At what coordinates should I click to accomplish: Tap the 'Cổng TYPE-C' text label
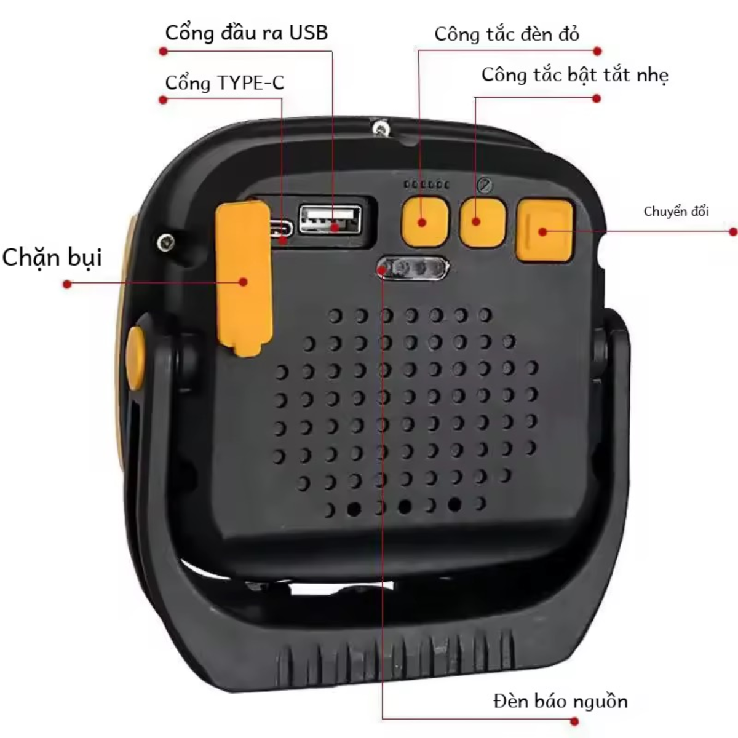[x=225, y=83]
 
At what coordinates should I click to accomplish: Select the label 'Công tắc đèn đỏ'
[x=507, y=34]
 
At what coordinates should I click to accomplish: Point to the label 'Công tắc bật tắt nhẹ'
[x=575, y=76]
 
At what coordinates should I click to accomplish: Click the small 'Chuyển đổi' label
[x=676, y=212]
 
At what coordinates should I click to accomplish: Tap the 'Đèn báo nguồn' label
[x=561, y=702]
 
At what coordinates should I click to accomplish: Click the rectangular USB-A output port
[x=330, y=220]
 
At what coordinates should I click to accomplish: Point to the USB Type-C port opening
[x=281, y=229]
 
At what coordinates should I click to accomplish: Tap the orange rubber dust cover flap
[x=244, y=278]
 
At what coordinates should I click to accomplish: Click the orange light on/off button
[x=483, y=223]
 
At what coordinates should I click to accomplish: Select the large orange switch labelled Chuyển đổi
[x=544, y=230]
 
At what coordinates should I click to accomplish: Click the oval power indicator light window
[x=413, y=268]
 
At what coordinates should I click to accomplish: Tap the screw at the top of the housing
[x=380, y=127]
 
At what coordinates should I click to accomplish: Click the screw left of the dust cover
[x=166, y=242]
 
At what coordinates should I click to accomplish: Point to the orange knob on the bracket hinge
[x=135, y=358]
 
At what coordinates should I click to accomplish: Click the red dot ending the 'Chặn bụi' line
[x=68, y=284]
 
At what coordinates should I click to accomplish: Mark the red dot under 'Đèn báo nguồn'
[x=574, y=722]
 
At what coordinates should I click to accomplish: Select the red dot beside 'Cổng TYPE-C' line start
[x=163, y=100]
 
